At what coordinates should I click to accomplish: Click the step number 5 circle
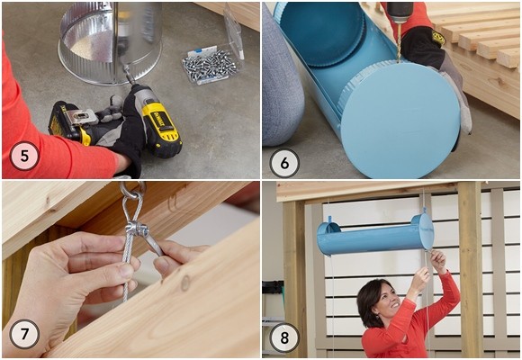[24, 156]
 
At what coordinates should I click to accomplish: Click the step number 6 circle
[284, 163]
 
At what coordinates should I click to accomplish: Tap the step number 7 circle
[24, 334]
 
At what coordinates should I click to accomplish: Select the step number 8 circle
[284, 337]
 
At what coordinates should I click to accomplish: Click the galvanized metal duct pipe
[110, 40]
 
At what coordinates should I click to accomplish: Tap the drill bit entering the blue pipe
[399, 43]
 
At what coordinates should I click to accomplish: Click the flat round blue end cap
[400, 120]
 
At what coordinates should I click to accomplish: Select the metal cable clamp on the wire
[137, 228]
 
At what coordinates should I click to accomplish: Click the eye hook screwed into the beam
[132, 190]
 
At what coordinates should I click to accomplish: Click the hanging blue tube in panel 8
[375, 235]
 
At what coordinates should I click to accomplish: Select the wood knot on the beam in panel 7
[185, 283]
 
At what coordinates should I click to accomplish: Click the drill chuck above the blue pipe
[400, 13]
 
